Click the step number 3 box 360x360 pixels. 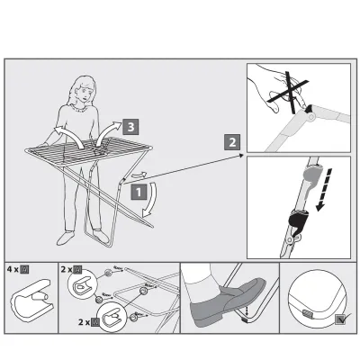tap(131, 127)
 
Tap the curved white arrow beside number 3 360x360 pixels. tap(111, 130)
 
